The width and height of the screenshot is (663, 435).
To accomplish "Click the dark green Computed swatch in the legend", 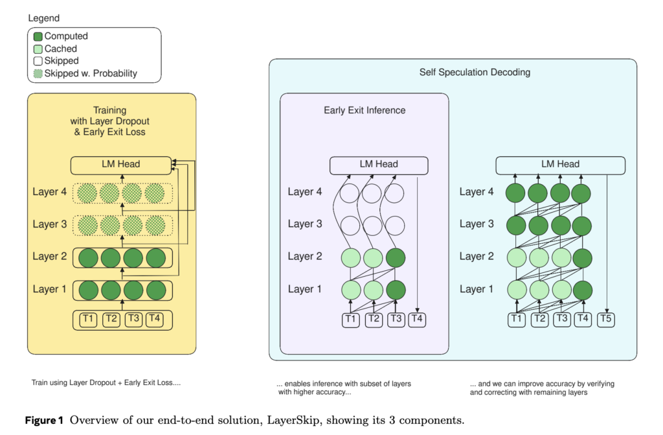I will click(38, 36).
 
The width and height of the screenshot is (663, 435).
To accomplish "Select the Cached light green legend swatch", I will click(38, 49).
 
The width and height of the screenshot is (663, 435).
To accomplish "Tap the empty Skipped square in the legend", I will click(38, 61).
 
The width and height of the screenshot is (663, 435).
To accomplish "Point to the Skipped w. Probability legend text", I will click(91, 73).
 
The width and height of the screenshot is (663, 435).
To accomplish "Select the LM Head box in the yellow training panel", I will click(120, 164).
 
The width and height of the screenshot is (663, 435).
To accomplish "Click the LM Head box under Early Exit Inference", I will click(379, 164).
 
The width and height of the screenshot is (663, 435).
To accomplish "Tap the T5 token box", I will click(606, 318).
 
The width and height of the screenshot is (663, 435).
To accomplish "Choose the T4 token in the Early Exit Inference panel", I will click(418, 318).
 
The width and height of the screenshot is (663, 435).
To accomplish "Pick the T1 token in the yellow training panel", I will click(88, 318).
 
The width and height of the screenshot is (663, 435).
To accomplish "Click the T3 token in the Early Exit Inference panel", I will click(395, 318).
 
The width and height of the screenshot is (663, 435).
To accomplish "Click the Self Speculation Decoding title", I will click(475, 72).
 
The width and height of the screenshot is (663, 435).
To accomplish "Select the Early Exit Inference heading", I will click(365, 110).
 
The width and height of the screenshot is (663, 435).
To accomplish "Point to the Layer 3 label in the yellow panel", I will click(50, 224).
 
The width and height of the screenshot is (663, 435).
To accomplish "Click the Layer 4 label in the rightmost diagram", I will click(477, 192).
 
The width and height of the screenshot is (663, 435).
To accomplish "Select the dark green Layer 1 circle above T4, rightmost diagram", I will click(581, 289).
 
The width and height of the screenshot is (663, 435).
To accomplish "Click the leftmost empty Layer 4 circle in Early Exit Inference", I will click(350, 193).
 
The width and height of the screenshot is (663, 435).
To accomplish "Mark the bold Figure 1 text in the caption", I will click(43, 419).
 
